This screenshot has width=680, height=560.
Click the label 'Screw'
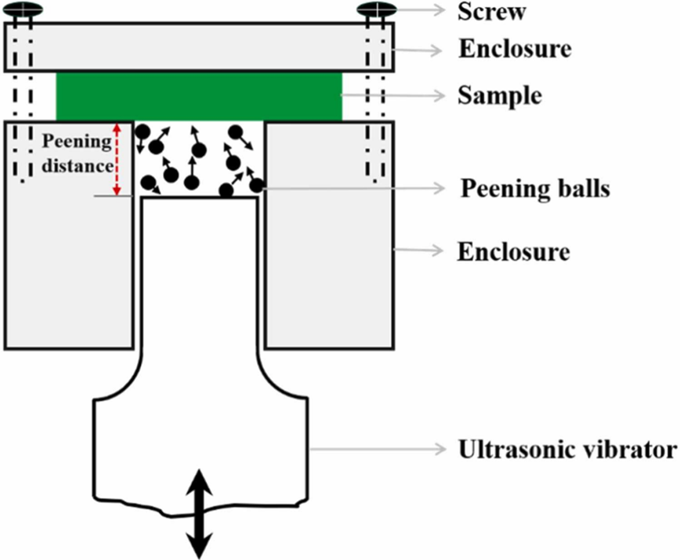(x=491, y=12)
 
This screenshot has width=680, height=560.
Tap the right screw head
(x=376, y=10)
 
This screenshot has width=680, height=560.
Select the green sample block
(x=199, y=96)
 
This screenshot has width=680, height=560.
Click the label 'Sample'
(x=499, y=96)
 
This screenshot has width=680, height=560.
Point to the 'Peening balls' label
(x=536, y=189)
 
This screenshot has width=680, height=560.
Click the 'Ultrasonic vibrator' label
(x=567, y=451)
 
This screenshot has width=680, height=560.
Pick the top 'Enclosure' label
(x=514, y=49)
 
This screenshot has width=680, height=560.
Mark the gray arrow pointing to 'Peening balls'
(x=354, y=189)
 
